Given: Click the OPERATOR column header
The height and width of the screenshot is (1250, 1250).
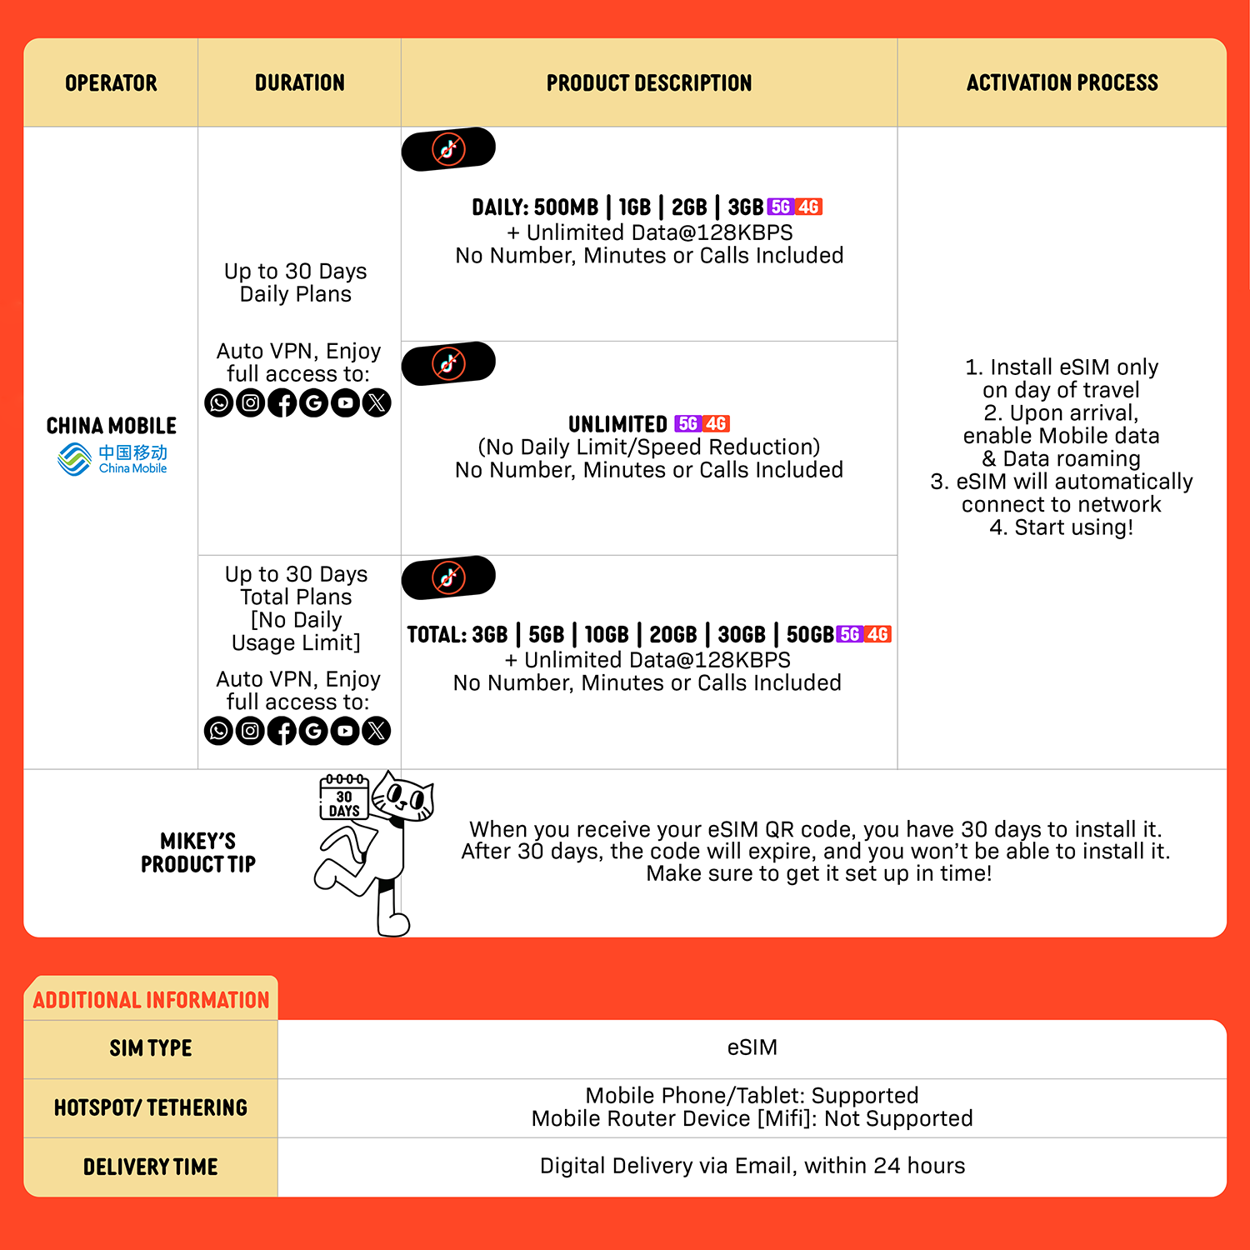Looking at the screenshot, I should pos(111,83).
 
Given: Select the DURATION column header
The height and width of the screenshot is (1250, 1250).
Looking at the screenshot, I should pos(299,83).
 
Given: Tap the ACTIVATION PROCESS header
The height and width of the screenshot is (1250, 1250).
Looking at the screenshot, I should pos(1062,83).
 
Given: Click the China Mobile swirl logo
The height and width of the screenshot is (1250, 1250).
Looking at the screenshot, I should pos(75,459).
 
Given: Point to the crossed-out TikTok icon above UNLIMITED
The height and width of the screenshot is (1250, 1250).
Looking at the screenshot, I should pos(448,363).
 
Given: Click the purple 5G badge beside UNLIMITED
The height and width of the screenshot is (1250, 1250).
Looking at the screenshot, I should pos(687,423).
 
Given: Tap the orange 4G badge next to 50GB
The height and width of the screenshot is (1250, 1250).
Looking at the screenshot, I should pos(877,634).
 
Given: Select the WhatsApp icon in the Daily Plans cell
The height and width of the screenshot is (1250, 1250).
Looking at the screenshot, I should pos(218,403).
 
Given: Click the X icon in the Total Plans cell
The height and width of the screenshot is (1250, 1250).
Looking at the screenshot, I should pos(377,731).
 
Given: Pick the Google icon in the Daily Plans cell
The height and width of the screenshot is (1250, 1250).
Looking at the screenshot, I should pos(313,403).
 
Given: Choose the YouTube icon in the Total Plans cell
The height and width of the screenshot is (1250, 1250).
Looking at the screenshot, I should pos(345,731).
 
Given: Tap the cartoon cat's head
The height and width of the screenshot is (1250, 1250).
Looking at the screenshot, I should pos(404,797).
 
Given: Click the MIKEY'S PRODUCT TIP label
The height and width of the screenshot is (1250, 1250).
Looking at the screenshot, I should pos(197,852).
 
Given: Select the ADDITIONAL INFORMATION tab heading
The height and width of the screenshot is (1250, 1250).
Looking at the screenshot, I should pos(151,1000).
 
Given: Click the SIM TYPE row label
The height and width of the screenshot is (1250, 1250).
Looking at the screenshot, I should pos(151,1048).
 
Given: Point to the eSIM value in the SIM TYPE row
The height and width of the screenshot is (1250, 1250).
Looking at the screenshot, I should pos(752,1047).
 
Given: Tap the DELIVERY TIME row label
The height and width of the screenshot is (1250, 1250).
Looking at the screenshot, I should pos(151,1167).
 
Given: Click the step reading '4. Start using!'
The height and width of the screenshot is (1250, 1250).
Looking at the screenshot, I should pos(1061,527).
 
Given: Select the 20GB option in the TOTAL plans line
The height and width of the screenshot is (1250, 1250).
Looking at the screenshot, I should pos(672,635).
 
